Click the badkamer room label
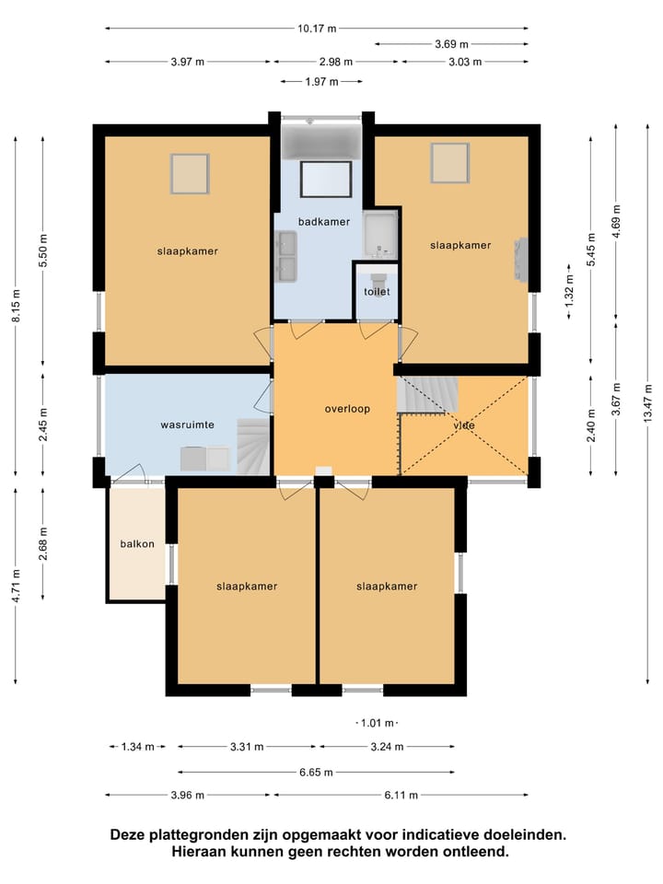(x=323, y=222)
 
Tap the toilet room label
(x=377, y=292)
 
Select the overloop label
(x=347, y=409)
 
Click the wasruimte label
(x=187, y=425)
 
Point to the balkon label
(x=137, y=544)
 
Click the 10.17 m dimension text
(x=317, y=29)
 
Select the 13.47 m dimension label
(x=647, y=403)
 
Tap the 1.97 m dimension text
(x=321, y=82)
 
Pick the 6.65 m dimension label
(x=316, y=772)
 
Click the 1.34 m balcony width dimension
(x=137, y=747)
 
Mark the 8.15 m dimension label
(x=16, y=306)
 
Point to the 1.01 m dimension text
(x=378, y=723)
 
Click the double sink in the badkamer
(x=285, y=256)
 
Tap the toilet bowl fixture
(x=377, y=277)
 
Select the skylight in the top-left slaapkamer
(x=190, y=174)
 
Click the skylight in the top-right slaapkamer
(x=450, y=163)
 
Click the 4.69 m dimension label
(x=616, y=222)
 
